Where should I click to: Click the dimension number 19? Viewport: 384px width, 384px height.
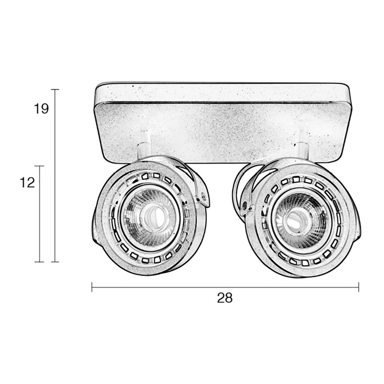point(41,109)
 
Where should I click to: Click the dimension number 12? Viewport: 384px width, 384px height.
point(27,183)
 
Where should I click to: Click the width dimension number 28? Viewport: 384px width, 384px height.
point(225,298)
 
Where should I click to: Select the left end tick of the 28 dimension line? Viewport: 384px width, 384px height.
point(92,286)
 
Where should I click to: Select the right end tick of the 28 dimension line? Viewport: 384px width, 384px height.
point(358,286)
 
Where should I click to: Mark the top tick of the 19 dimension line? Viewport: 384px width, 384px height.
point(55,89)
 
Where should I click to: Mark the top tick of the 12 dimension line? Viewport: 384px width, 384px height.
point(39,166)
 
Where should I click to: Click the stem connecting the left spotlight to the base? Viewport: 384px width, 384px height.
point(143,142)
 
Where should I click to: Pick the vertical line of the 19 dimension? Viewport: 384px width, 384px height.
point(55,176)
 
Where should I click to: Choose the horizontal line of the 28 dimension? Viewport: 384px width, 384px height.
point(225,286)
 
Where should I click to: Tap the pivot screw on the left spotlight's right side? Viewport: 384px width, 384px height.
point(204,195)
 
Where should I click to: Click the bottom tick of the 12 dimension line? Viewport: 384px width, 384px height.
point(39,262)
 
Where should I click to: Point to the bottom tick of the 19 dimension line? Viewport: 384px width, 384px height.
point(55,262)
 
